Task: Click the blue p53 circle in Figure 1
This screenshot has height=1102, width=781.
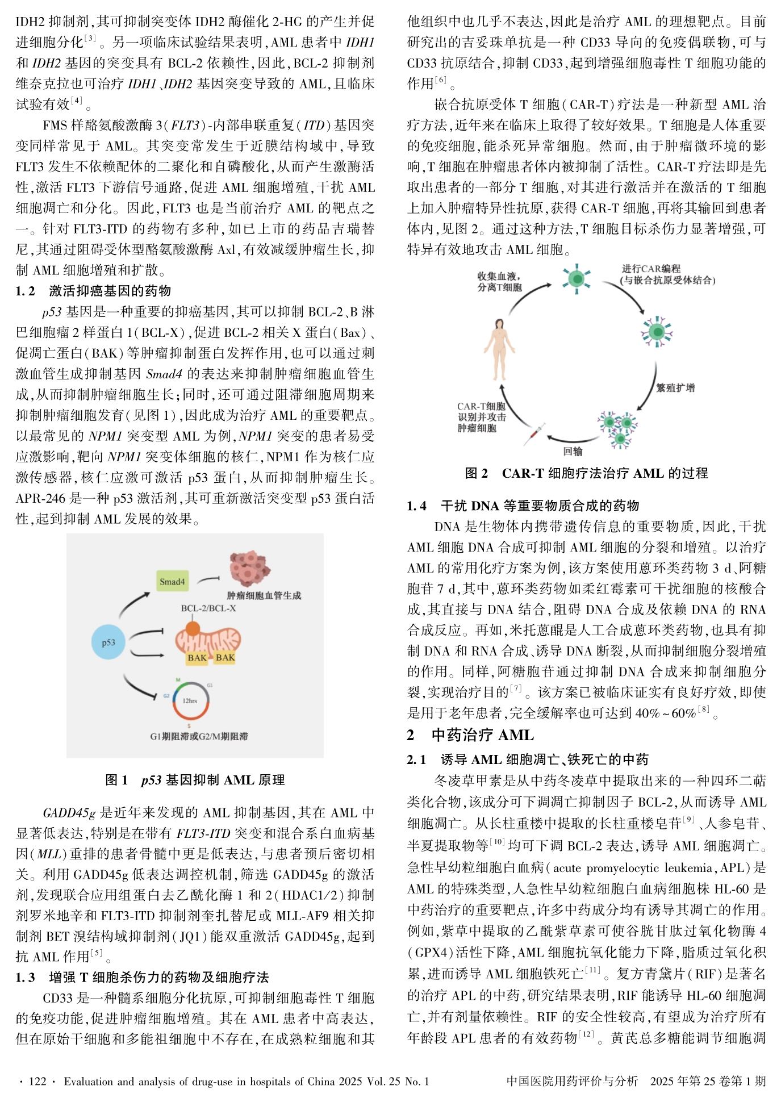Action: coord(108,642)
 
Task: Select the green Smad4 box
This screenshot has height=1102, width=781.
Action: coord(172,582)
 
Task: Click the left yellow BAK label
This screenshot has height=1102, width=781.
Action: coord(197,658)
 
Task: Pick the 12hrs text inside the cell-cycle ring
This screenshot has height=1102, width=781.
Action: coord(190,701)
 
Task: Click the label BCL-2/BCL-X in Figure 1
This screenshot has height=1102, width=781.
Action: coord(208,608)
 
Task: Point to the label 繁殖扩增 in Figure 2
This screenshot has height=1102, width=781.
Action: coord(675,388)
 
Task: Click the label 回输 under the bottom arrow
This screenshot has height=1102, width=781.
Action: coord(573,452)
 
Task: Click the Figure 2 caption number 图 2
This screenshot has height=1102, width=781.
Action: coord(476,473)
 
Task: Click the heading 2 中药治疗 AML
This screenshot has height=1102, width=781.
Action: coord(470,735)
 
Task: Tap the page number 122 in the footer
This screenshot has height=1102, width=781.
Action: coord(36,1082)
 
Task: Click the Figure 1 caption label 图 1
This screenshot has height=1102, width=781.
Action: coord(117,780)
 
